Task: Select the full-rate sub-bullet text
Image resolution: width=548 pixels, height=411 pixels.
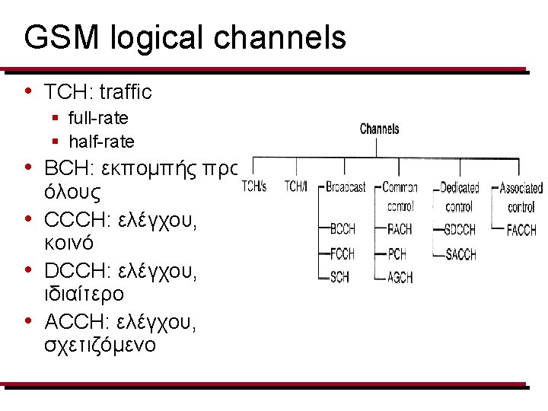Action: coord(98,118)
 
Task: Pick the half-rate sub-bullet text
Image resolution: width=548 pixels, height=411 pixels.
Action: coord(101,142)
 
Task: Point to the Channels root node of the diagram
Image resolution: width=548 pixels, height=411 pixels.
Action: coord(379,129)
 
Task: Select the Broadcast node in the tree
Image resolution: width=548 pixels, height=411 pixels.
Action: coord(346,186)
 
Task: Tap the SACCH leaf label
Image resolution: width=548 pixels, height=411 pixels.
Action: coord(461,254)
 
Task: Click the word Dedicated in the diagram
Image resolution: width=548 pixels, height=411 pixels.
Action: coord(460,187)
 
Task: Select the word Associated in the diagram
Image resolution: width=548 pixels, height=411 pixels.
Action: coord(521,187)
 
